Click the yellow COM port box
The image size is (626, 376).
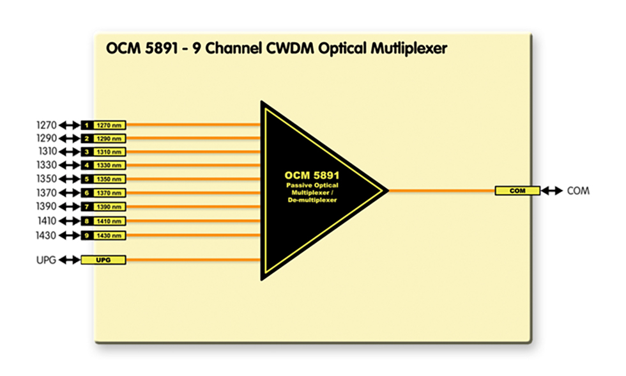517,191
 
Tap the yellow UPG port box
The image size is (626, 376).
103,260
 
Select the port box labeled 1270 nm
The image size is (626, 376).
109,125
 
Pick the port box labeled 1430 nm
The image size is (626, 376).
109,235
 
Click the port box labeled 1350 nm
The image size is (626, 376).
109,179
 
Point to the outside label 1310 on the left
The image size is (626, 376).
47,152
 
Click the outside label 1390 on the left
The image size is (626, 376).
47,207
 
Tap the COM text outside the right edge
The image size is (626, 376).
578,191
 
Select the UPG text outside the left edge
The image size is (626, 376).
46,260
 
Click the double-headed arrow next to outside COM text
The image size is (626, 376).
551,191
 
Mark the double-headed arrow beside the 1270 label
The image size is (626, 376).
70,125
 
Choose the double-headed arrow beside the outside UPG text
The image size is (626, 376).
70,260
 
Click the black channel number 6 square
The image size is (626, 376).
86,193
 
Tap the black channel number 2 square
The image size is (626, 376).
86,138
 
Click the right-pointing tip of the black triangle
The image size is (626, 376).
386,190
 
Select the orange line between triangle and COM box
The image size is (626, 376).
441,191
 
